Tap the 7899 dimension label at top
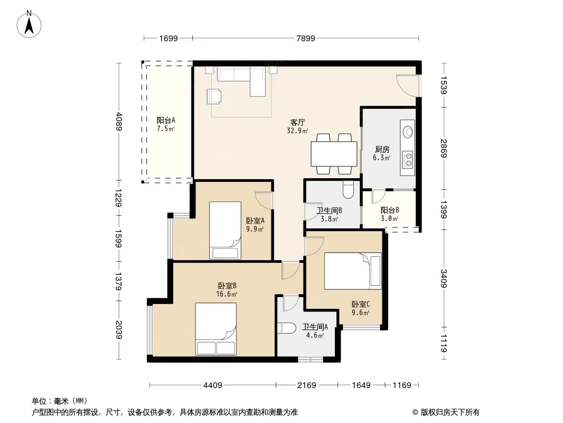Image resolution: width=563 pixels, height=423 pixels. click(306, 38)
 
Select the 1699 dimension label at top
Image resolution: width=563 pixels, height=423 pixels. click(168, 38)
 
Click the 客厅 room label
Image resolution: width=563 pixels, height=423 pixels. click(298, 123)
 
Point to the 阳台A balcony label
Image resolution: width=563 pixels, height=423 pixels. click(166, 121)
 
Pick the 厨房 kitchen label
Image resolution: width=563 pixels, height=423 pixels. click(382, 149)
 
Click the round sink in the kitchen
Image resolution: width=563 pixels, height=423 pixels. click(408, 132)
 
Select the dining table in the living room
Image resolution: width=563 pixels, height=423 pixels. click(334, 154)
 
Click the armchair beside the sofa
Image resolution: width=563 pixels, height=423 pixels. click(214, 96)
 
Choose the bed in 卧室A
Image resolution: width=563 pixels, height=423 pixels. click(225, 230)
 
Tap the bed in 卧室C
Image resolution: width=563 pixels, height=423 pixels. click(353, 271)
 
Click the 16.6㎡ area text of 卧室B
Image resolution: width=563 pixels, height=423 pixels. click(227, 295)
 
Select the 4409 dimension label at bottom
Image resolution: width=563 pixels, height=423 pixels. click(212, 385)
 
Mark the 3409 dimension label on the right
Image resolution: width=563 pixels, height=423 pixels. click(444, 279)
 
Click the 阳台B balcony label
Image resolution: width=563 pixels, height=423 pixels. click(390, 210)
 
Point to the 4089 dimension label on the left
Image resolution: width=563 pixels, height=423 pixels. click(119, 122)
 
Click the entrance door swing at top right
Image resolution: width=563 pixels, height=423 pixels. click(408, 85)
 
